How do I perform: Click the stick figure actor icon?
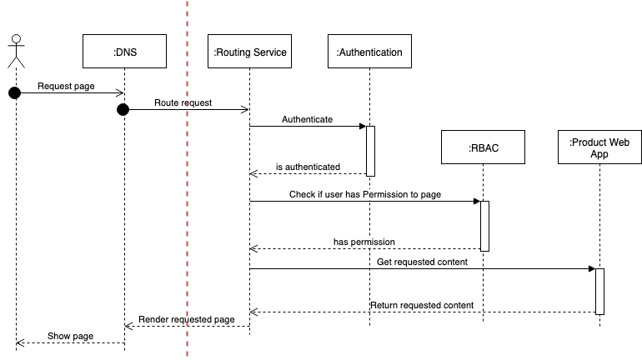coord(16,52)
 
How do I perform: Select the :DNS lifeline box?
coord(125,52)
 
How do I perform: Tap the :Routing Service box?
coord(250,52)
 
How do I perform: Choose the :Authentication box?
coord(369,52)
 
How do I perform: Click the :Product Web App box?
coord(599,148)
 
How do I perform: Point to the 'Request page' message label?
coord(66,86)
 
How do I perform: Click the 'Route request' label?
coord(183,102)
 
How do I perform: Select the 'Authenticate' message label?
coord(307,119)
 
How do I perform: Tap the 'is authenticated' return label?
coord(307,167)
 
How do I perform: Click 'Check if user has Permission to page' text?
coord(365,194)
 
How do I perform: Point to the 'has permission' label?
coord(364,242)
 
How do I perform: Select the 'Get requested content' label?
coord(422,262)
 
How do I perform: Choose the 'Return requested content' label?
coord(422,305)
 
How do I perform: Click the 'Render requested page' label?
coord(187,319)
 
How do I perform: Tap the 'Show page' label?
coord(70,336)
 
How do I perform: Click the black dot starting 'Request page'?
coord(14,92)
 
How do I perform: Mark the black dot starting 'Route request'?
coord(123,109)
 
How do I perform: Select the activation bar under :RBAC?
coord(484,225)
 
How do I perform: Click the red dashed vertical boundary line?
coord(187,208)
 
